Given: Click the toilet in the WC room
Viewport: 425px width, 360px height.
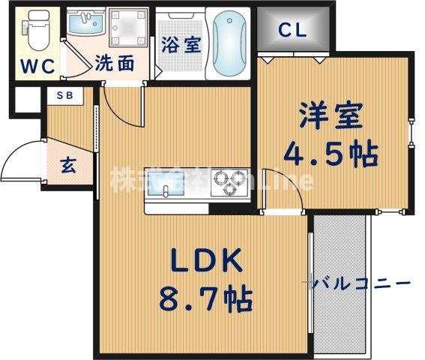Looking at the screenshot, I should [35, 31].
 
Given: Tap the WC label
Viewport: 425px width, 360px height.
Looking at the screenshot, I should [36, 66].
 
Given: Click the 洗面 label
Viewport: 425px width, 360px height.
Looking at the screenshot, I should [115, 64].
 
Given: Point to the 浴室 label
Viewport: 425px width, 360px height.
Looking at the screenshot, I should [181, 44].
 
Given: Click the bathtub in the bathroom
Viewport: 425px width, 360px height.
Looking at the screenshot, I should [230, 43].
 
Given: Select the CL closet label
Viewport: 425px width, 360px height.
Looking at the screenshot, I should [292, 30].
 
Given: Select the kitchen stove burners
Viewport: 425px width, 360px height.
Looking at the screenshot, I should [230, 181].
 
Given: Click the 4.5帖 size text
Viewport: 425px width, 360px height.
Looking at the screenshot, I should [330, 155].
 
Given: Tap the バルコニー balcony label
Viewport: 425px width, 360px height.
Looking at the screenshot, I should [361, 283].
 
